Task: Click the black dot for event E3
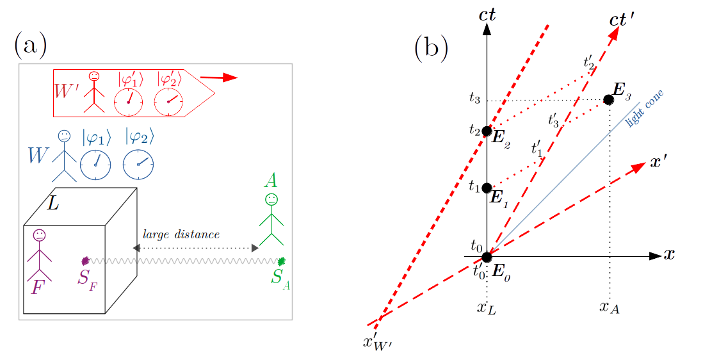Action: click(x=609, y=100)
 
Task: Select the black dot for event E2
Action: click(x=487, y=131)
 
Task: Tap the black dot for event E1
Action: click(x=487, y=188)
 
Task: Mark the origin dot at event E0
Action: click(x=487, y=257)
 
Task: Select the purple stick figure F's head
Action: click(x=40, y=234)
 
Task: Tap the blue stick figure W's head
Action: click(x=64, y=136)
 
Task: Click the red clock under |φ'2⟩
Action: click(x=168, y=101)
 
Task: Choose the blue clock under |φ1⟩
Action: click(x=95, y=165)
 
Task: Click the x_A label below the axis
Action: click(x=609, y=307)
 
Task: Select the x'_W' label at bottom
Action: click(x=377, y=342)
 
